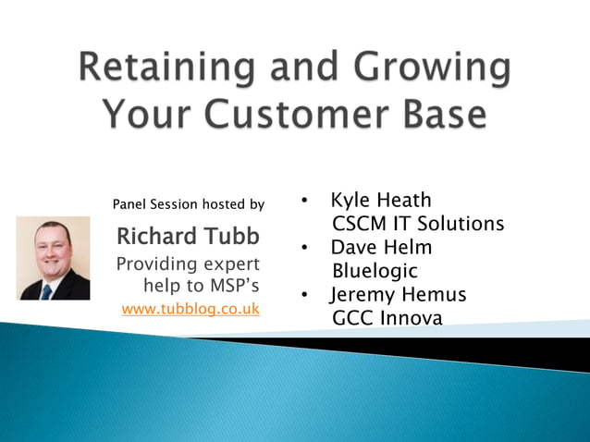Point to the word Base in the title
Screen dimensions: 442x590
(438, 114)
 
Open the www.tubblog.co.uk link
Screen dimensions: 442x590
(191, 309)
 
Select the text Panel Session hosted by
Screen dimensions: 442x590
(188, 203)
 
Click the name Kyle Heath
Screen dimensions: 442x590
(380, 200)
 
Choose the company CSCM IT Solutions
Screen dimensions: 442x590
(417, 224)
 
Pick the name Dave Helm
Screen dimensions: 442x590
(381, 248)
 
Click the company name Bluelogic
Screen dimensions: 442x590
(375, 272)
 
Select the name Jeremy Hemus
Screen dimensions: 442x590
(399, 295)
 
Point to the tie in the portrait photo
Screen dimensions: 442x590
(47, 290)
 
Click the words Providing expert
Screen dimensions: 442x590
(188, 264)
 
